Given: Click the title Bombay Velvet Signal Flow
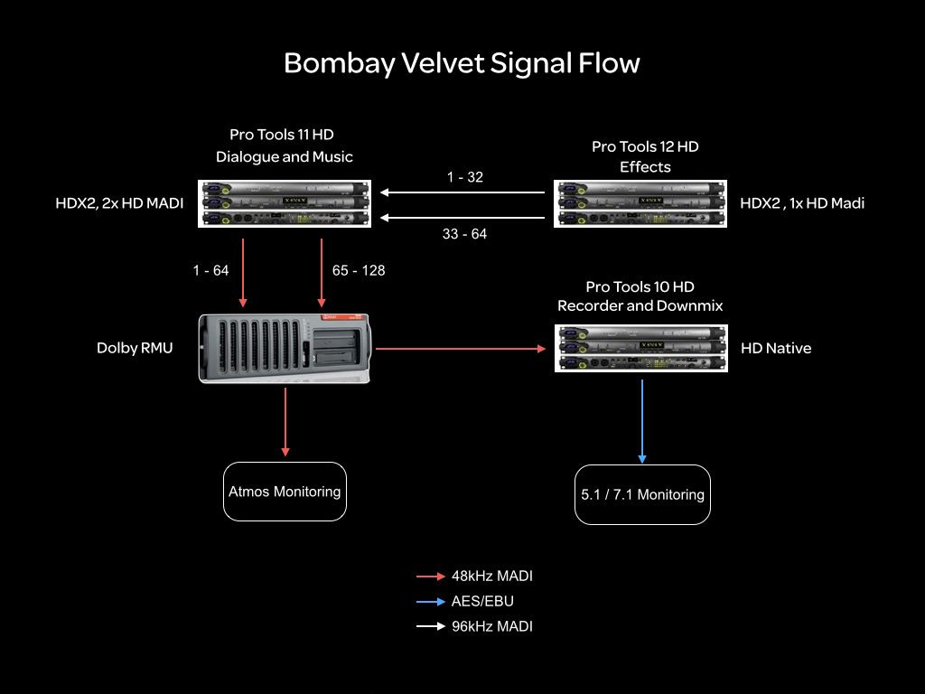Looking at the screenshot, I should coord(462,63).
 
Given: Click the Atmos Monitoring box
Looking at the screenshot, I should coord(285,492).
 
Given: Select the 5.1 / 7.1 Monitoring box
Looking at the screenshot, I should coord(642,494).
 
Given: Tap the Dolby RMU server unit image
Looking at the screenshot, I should coord(286,348).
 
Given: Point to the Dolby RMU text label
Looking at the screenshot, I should coord(135,348).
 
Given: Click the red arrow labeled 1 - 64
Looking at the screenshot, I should coord(242,272).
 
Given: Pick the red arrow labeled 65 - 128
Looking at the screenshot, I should coord(322,272).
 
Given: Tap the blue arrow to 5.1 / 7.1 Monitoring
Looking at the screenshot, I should coord(642,420).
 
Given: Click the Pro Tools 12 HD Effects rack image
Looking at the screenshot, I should coord(640,204).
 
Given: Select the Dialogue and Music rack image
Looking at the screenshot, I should coord(286,204).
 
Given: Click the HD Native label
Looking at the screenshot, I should coord(776,348).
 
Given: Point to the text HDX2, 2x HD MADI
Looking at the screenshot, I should coord(119,203).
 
